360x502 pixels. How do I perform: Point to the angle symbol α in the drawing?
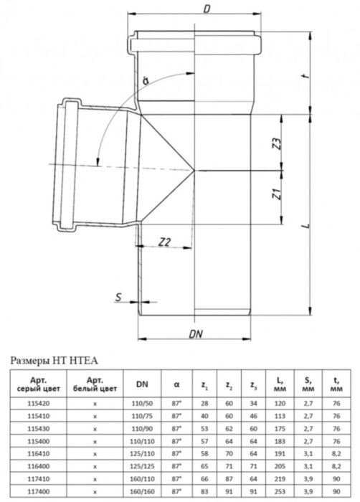pyautogui.click(x=146, y=81)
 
